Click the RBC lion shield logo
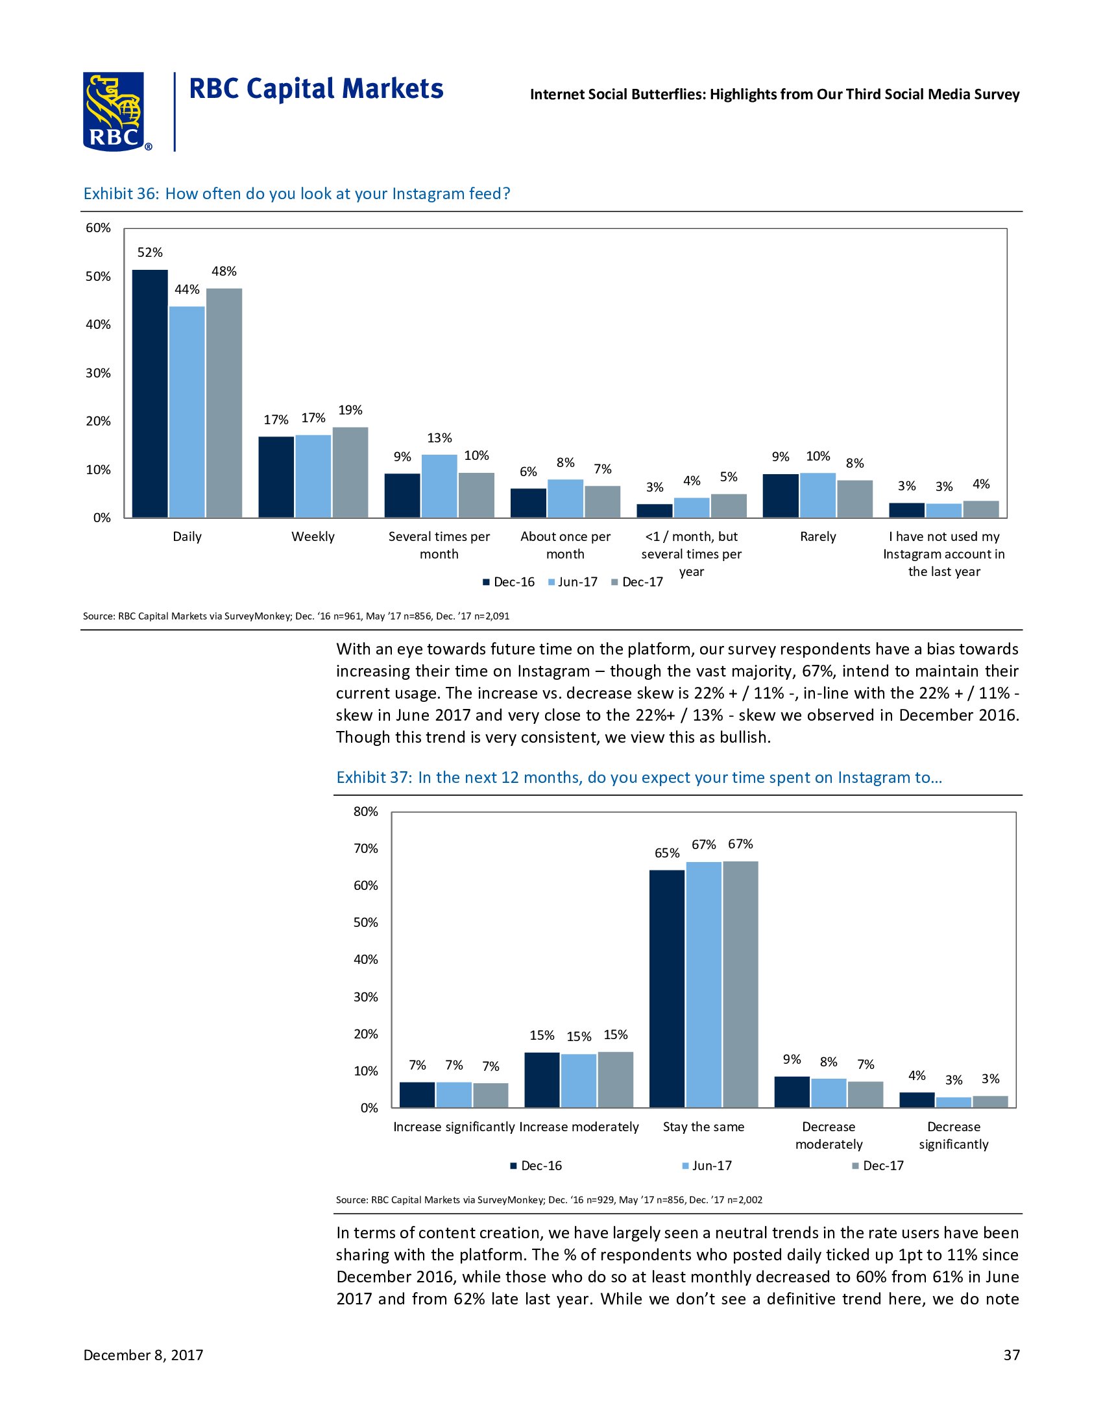click(114, 111)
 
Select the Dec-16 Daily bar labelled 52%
click(150, 393)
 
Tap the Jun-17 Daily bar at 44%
click(187, 412)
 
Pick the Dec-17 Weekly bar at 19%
click(350, 472)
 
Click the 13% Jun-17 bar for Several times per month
click(439, 486)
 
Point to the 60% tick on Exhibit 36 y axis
click(99, 228)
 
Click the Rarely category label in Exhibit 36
click(818, 536)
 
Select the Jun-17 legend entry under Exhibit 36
click(573, 582)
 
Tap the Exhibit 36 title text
click(297, 194)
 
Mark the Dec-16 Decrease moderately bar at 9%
click(792, 1092)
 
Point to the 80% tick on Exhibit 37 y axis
click(366, 811)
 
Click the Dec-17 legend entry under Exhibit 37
click(878, 1166)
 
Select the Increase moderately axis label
click(579, 1127)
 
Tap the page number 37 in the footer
click(1012, 1355)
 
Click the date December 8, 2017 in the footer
click(143, 1355)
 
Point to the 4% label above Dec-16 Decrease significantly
click(917, 1075)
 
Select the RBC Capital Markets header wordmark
click(316, 90)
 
